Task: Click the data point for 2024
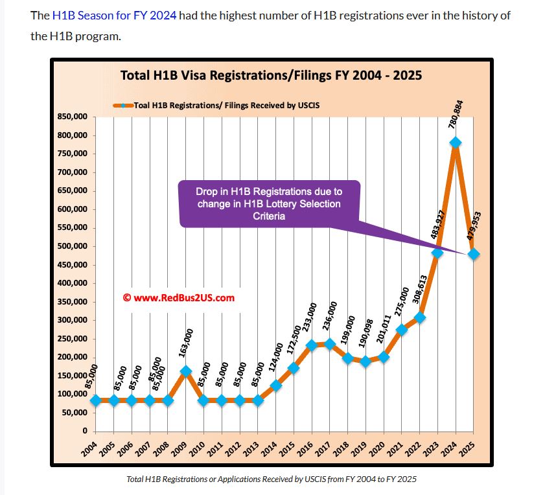pyautogui.click(x=456, y=143)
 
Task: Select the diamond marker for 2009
pyautogui.click(x=186, y=371)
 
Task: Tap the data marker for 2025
pyautogui.click(x=474, y=254)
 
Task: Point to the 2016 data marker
pyautogui.click(x=312, y=345)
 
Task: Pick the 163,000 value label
pyautogui.click(x=189, y=345)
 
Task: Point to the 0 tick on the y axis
pyautogui.click(x=84, y=432)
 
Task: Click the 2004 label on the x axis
pyautogui.click(x=91, y=448)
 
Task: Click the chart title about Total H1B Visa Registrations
pyautogui.click(x=271, y=75)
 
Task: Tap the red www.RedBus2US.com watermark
pyautogui.click(x=178, y=298)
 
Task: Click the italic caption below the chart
pyautogui.click(x=272, y=479)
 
